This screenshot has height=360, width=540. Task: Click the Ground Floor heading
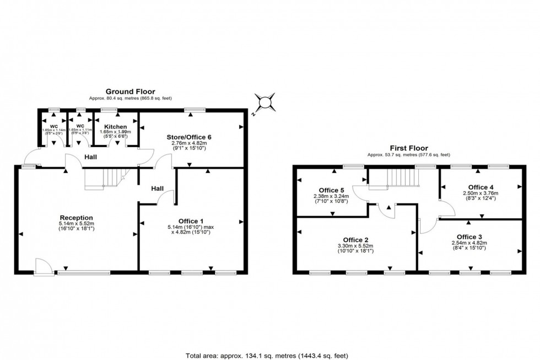click(x=130, y=92)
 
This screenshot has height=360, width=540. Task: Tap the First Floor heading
click(x=408, y=148)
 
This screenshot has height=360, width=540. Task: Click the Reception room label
click(x=76, y=217)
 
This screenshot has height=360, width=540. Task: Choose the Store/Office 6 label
click(x=189, y=137)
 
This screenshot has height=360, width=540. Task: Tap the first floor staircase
click(x=402, y=178)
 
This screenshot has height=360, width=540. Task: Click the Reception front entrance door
click(x=42, y=268)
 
